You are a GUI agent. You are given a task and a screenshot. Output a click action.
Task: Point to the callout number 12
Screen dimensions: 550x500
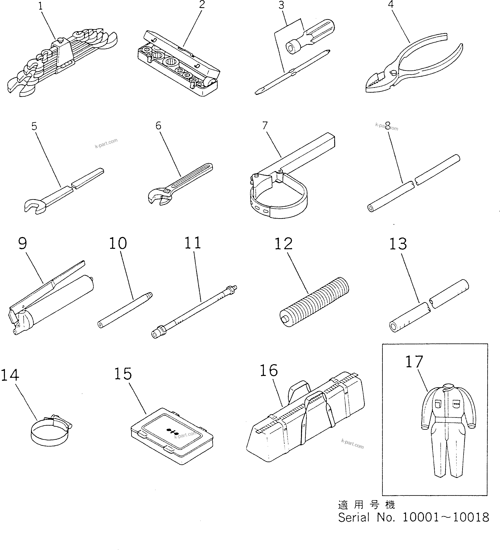[x=283, y=244]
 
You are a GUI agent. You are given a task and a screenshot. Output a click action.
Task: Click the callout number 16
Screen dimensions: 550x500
[x=269, y=371]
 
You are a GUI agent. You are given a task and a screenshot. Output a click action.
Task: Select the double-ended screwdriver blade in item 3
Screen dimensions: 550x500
[x=292, y=72]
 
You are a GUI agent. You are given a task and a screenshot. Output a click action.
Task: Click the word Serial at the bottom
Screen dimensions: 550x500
[x=354, y=517]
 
